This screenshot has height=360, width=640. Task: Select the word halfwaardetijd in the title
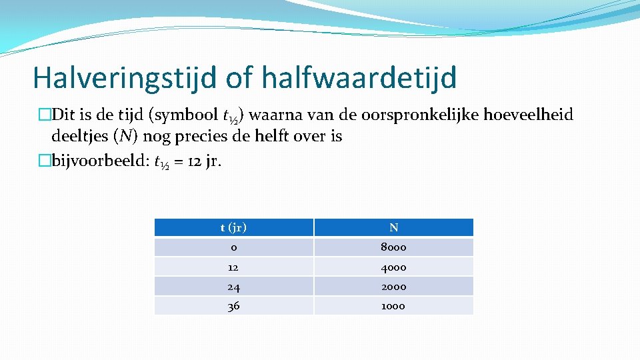359,78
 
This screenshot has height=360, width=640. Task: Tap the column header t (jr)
233,227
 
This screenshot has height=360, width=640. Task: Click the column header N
393,227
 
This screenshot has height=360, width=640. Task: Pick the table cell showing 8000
393,247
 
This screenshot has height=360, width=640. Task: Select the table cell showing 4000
393,267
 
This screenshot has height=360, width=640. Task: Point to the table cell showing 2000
393,287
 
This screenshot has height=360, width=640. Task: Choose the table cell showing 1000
393,306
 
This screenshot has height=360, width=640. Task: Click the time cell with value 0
233,247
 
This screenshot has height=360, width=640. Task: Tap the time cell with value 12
233,267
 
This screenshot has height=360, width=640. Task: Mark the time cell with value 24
233,287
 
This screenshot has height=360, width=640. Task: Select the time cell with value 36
233,306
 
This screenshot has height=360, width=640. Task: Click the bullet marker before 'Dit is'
45,115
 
